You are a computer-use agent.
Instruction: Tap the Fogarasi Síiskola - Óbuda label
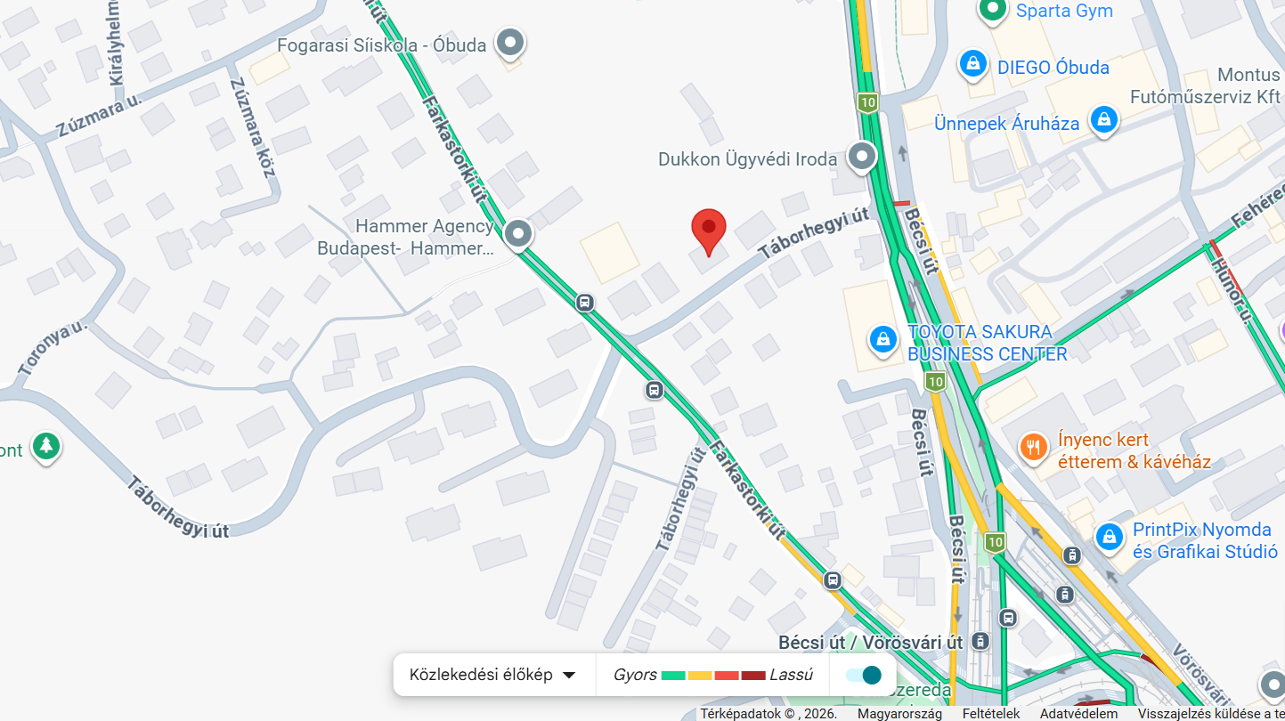(x=382, y=45)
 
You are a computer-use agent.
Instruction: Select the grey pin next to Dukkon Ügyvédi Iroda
(x=862, y=158)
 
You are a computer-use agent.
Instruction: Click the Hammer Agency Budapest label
(x=405, y=238)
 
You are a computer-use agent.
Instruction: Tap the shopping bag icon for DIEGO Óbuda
(x=973, y=64)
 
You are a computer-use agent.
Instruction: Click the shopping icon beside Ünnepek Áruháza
(x=1104, y=120)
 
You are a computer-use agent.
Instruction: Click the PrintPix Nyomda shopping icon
(x=1109, y=536)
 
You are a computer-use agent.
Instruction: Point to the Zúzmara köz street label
(x=252, y=127)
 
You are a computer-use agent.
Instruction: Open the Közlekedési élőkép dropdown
(x=492, y=675)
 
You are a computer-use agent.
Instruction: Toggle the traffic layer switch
(x=864, y=675)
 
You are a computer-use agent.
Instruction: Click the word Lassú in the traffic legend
(x=791, y=675)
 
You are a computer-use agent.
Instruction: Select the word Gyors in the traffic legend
(x=635, y=675)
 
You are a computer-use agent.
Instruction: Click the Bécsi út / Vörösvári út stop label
(x=870, y=642)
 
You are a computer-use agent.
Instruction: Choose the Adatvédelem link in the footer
(x=1078, y=713)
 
